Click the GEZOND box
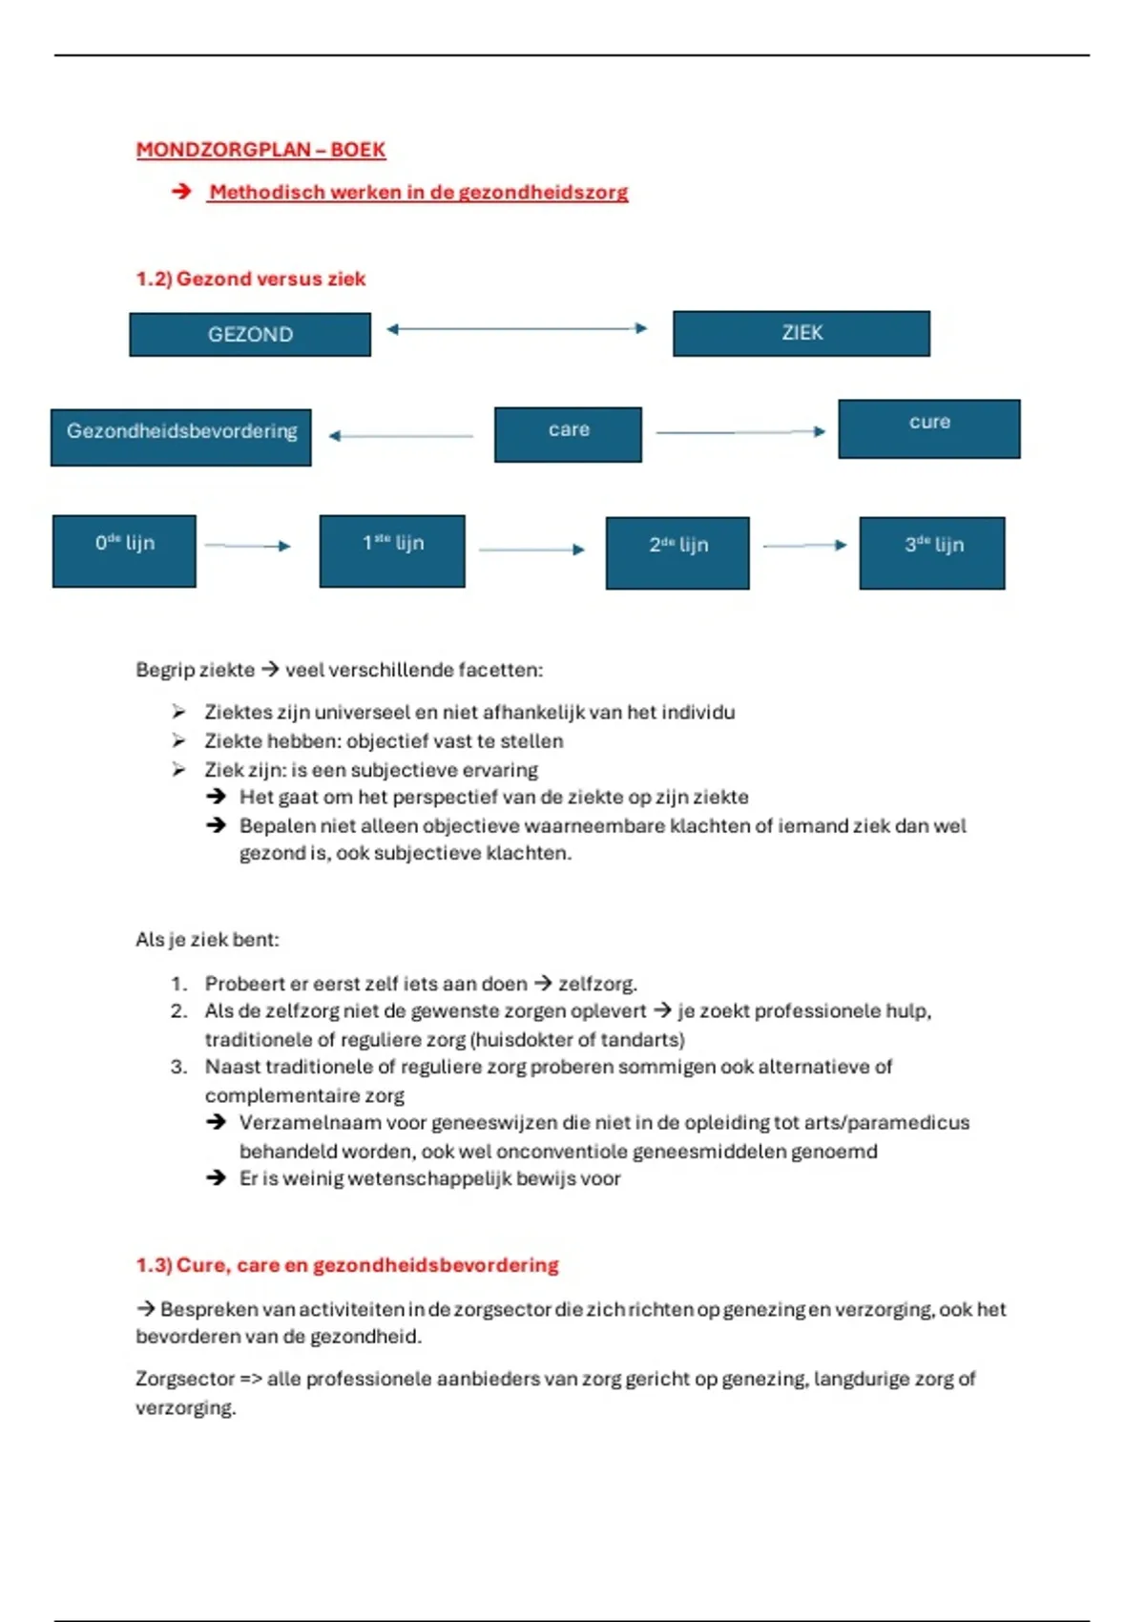point(250,334)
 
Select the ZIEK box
point(801,333)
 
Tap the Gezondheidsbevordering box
point(181,437)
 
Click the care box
point(568,434)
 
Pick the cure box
point(929,428)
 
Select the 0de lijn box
point(124,551)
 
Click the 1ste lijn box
point(392,551)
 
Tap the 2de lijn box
point(677,552)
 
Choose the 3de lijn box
point(932,552)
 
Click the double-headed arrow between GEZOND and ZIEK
point(517,328)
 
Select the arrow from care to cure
point(739,432)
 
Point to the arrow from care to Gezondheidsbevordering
point(401,436)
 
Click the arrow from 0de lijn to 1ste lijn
point(247,546)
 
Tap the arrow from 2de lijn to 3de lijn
point(804,546)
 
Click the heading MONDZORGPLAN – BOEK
point(260,150)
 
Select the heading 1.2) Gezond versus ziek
point(251,279)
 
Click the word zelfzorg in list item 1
point(596,984)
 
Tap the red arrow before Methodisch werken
point(181,192)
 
